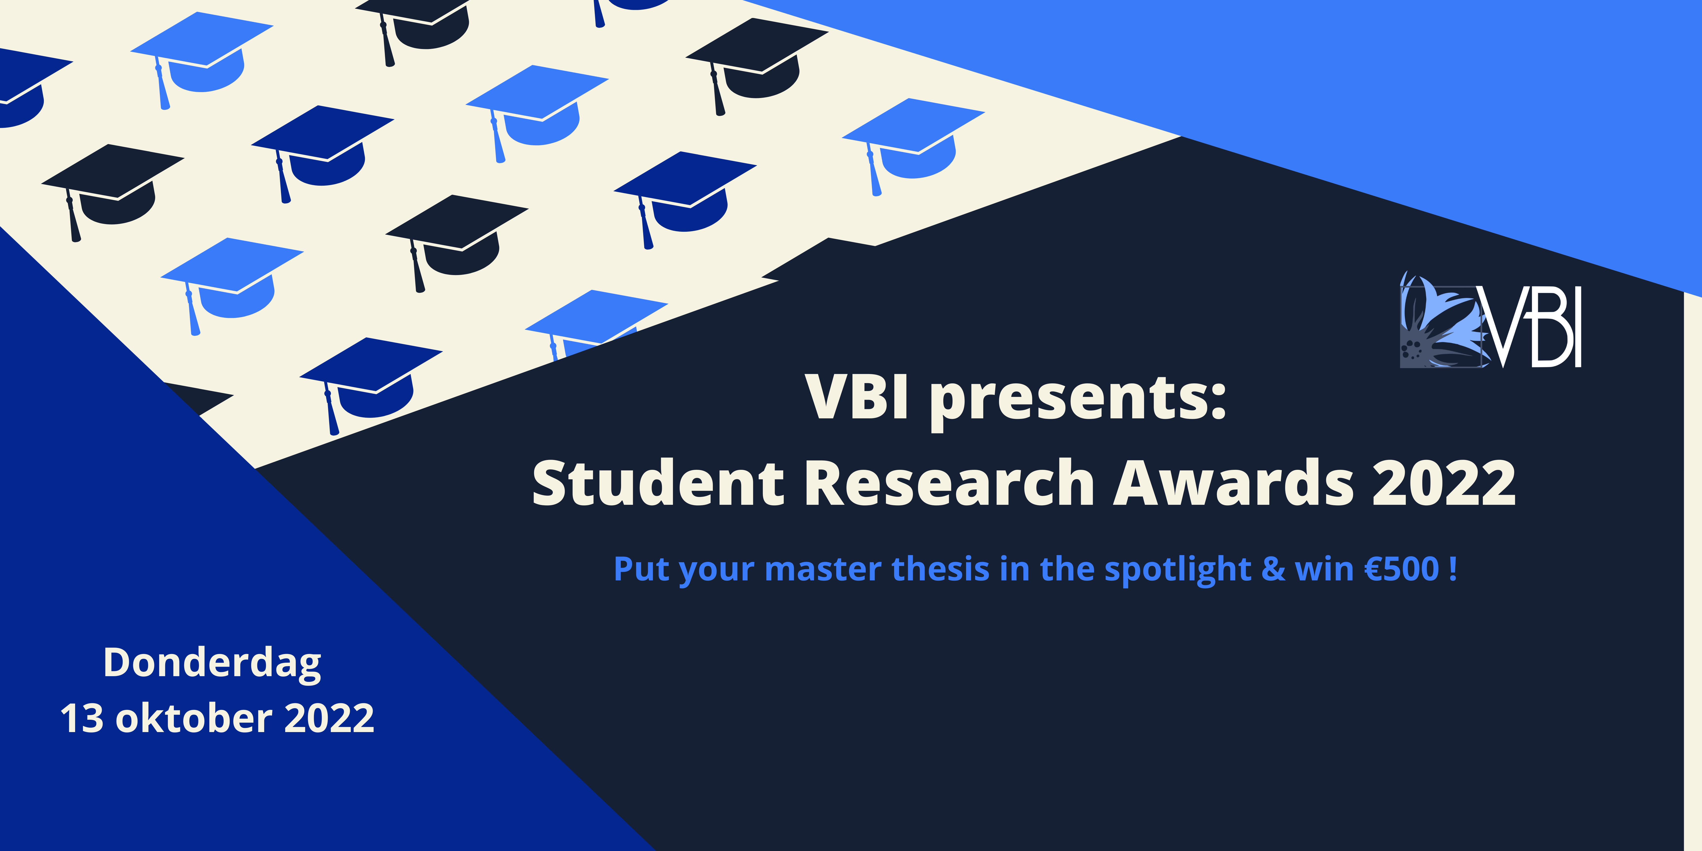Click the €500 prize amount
point(1402,569)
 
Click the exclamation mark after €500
point(1452,569)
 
